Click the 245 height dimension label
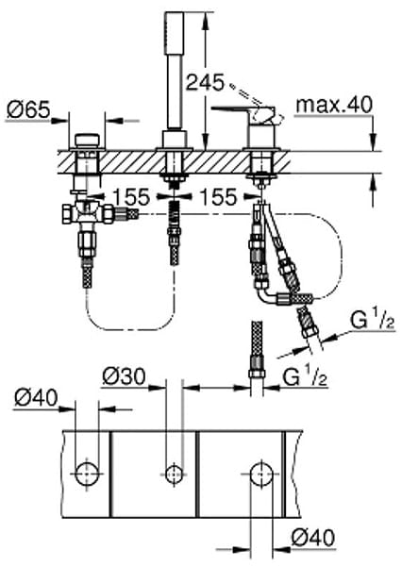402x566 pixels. pos(205,83)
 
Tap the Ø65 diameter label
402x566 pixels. pos(28,109)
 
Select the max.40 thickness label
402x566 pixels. pos(334,105)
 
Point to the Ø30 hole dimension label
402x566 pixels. pos(124,376)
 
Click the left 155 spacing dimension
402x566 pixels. pos(131,197)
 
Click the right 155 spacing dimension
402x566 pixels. pos(219,197)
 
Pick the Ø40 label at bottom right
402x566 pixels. pos(313,538)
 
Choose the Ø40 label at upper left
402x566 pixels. pos(36,398)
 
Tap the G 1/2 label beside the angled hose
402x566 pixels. pos(372,321)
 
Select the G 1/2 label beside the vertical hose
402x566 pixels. pos(305,377)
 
